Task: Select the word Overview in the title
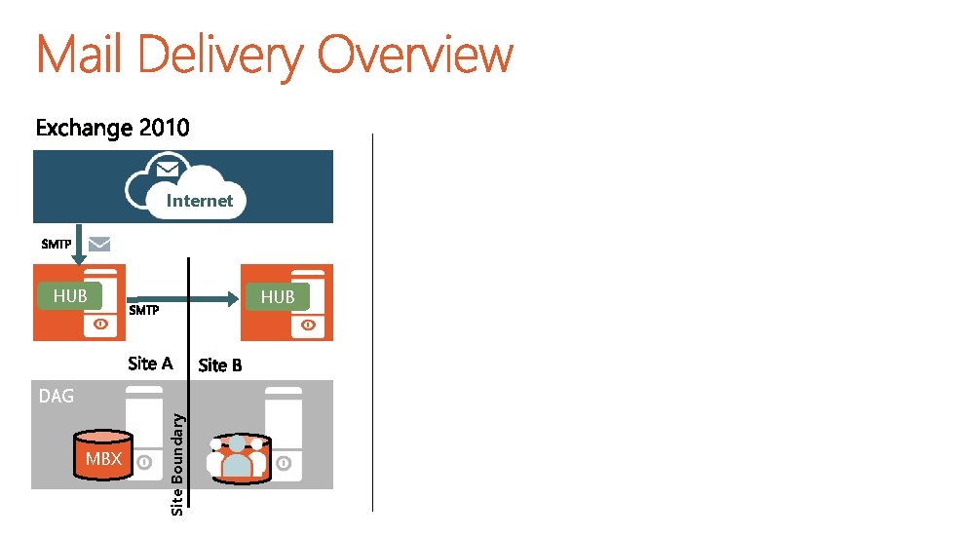coord(415,56)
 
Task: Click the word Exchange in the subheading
coord(84,128)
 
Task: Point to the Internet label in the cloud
coord(200,201)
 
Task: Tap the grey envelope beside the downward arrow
coord(100,244)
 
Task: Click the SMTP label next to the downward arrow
coord(56,244)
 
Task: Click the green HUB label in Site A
coord(69,295)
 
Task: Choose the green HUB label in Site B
coord(278,296)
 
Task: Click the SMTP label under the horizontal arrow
coord(144,311)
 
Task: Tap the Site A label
coord(150,364)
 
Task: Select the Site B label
coord(220,365)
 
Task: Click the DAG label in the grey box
coord(56,396)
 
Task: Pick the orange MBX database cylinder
coord(103,456)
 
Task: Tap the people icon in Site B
coord(237,457)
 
